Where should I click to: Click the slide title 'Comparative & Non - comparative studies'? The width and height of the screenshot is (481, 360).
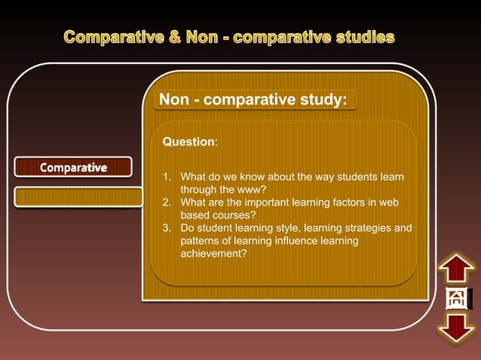229,37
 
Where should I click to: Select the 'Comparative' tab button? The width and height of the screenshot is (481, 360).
73,166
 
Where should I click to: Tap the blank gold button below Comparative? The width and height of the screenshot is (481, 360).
78,197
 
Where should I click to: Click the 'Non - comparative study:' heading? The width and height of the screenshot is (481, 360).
253,100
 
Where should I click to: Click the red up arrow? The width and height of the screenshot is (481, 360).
457,270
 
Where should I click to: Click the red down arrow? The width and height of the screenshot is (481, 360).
457,328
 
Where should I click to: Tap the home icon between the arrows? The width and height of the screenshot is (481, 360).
457,299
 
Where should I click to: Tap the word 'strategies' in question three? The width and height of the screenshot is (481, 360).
364,228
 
